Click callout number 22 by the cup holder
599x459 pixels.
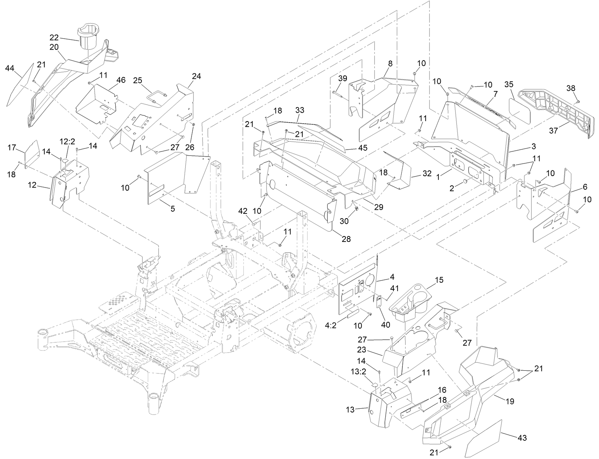click(x=54, y=38)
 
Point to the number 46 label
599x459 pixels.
click(x=120, y=79)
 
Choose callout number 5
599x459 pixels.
click(x=173, y=209)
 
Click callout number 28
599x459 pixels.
click(x=346, y=239)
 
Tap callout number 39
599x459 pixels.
click(x=343, y=78)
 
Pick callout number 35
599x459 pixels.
click(x=509, y=84)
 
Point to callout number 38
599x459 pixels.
click(x=571, y=88)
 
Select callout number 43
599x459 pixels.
click(x=521, y=437)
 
